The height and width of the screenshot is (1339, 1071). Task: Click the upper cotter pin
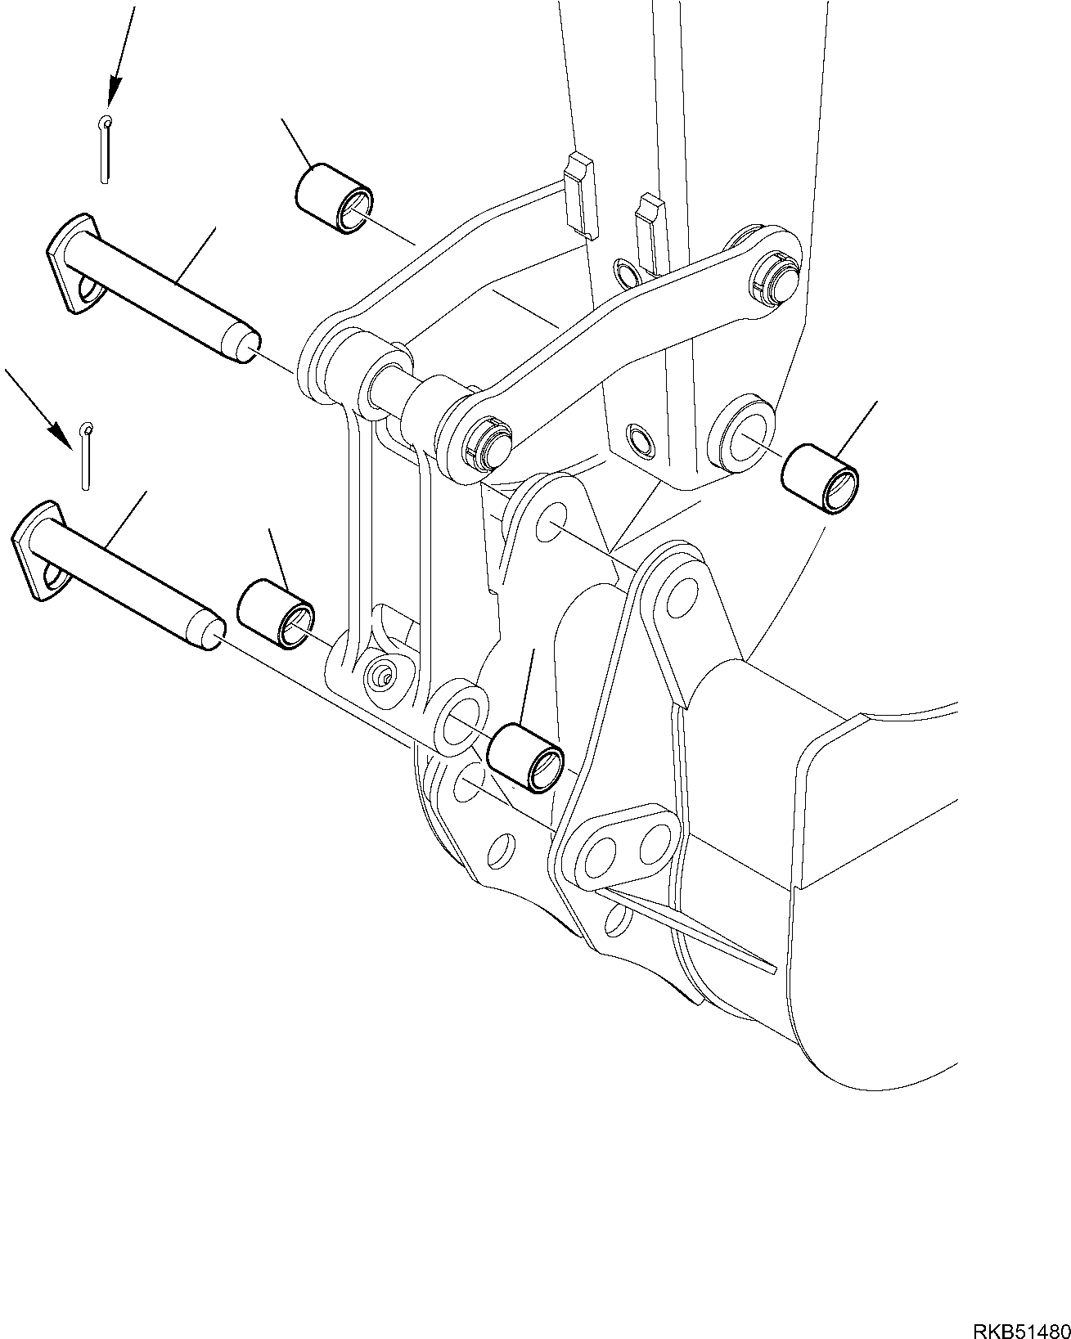105,148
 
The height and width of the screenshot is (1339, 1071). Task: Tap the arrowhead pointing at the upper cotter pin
111,91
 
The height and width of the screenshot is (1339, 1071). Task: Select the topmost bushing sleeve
334,197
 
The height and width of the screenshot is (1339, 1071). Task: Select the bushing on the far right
821,479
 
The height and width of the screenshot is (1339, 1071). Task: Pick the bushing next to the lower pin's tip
275,613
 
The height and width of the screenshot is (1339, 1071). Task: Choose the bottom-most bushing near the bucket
524,757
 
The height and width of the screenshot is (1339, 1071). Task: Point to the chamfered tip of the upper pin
245,345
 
